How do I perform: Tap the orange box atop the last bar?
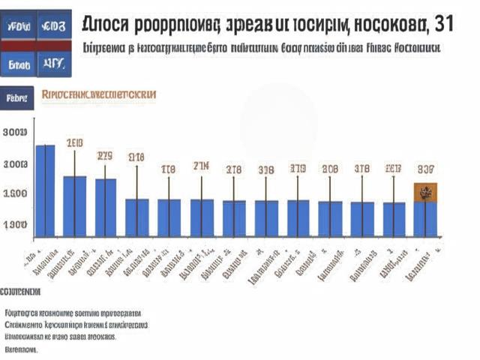click(x=426, y=192)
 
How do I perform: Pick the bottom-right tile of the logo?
click(x=55, y=66)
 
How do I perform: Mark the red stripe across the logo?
click(x=37, y=46)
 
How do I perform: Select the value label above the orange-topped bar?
click(x=426, y=169)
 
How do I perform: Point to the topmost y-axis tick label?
click(x=16, y=133)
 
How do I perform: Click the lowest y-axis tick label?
click(x=16, y=224)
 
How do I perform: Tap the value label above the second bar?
click(x=74, y=142)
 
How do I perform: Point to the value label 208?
click(x=330, y=169)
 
